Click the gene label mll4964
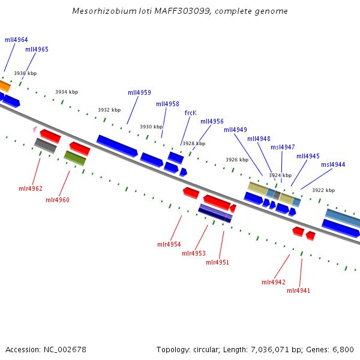pyautogui.click(x=16, y=40)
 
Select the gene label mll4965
pyautogui.click(x=37, y=50)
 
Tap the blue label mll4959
pyautogui.click(x=139, y=93)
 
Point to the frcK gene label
pyautogui.click(x=190, y=113)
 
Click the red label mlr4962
pyautogui.click(x=30, y=189)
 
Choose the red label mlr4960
pyautogui.click(x=58, y=200)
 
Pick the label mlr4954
pyautogui.click(x=169, y=245)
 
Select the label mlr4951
pyautogui.click(x=217, y=263)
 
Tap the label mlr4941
pyautogui.click(x=298, y=291)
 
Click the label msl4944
pyautogui.click(x=333, y=165)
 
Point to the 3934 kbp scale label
pyautogui.click(x=67, y=92)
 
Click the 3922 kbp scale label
pyautogui.click(x=323, y=190)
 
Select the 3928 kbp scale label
pyautogui.click(x=194, y=144)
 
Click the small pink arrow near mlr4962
pyautogui.click(x=35, y=129)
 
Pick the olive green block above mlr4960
pyautogui.click(x=75, y=158)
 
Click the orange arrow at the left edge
pyautogui.click(x=4, y=86)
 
